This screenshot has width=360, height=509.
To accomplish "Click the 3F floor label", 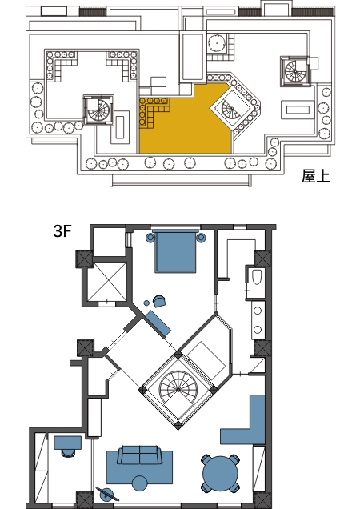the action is [x=62, y=231].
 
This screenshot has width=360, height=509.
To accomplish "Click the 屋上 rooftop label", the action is [x=316, y=176].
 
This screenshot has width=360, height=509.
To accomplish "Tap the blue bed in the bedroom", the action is [x=175, y=251].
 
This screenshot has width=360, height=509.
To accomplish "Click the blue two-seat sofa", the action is [x=140, y=455].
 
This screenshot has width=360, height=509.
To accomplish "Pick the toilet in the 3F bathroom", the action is [x=257, y=277].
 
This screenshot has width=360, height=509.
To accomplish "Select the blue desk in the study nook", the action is [x=67, y=443].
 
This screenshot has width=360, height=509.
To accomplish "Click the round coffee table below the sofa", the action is [x=140, y=483].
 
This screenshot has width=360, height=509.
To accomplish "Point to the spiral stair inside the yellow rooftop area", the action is [x=231, y=110].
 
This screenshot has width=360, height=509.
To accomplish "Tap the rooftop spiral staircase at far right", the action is [x=294, y=71].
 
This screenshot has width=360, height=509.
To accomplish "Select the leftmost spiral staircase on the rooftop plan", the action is [x=98, y=110].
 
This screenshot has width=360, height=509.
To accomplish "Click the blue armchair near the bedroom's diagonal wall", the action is [x=159, y=301].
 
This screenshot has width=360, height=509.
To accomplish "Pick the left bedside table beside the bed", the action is [x=150, y=238].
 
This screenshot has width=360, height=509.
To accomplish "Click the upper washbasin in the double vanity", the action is [x=258, y=311].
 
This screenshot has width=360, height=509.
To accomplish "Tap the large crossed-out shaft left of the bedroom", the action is [x=107, y=281].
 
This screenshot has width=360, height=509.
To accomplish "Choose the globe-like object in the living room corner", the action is [x=107, y=494].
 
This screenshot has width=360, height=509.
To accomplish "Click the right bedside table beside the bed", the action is [x=201, y=238].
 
